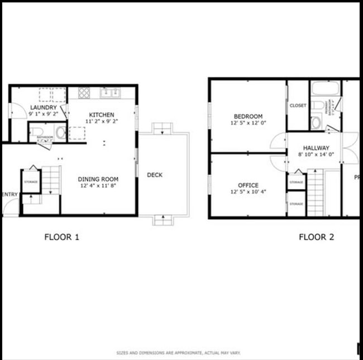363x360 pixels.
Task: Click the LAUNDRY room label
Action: pos(42,107)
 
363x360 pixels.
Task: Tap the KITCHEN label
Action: pos(102,115)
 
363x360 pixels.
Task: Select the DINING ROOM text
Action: pos(98,179)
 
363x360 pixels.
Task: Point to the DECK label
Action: pos(155,175)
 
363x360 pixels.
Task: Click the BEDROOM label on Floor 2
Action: pos(248,116)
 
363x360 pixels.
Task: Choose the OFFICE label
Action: pos(248,186)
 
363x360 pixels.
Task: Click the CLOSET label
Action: pos(298,106)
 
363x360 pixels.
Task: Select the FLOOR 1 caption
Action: pos(61,237)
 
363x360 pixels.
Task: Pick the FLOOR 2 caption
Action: pos(316,237)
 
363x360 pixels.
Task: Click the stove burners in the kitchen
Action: pos(84,92)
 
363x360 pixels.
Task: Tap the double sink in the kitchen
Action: pos(108,92)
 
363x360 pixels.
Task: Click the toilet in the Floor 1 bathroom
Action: pos(36,132)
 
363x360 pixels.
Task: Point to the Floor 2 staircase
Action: pos(316,193)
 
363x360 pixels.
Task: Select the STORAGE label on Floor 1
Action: pos(30,182)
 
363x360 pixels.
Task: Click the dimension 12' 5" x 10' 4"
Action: pos(248,192)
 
